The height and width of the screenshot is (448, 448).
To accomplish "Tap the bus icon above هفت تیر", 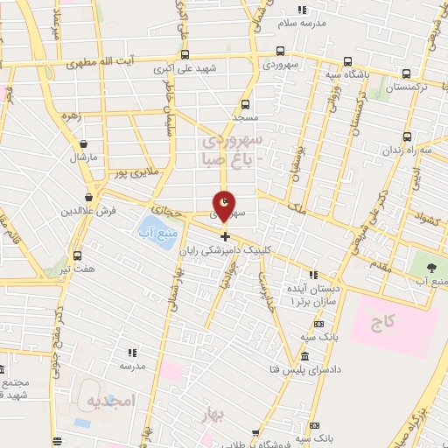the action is coord(78,255).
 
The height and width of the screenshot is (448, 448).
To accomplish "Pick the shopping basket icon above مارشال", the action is coord(83,144).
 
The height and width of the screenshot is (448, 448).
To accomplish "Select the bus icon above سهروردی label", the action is coord(280,51).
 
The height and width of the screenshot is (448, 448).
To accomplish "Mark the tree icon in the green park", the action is coord(432,265).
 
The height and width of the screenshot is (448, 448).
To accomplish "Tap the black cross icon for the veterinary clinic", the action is coord(225,236).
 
